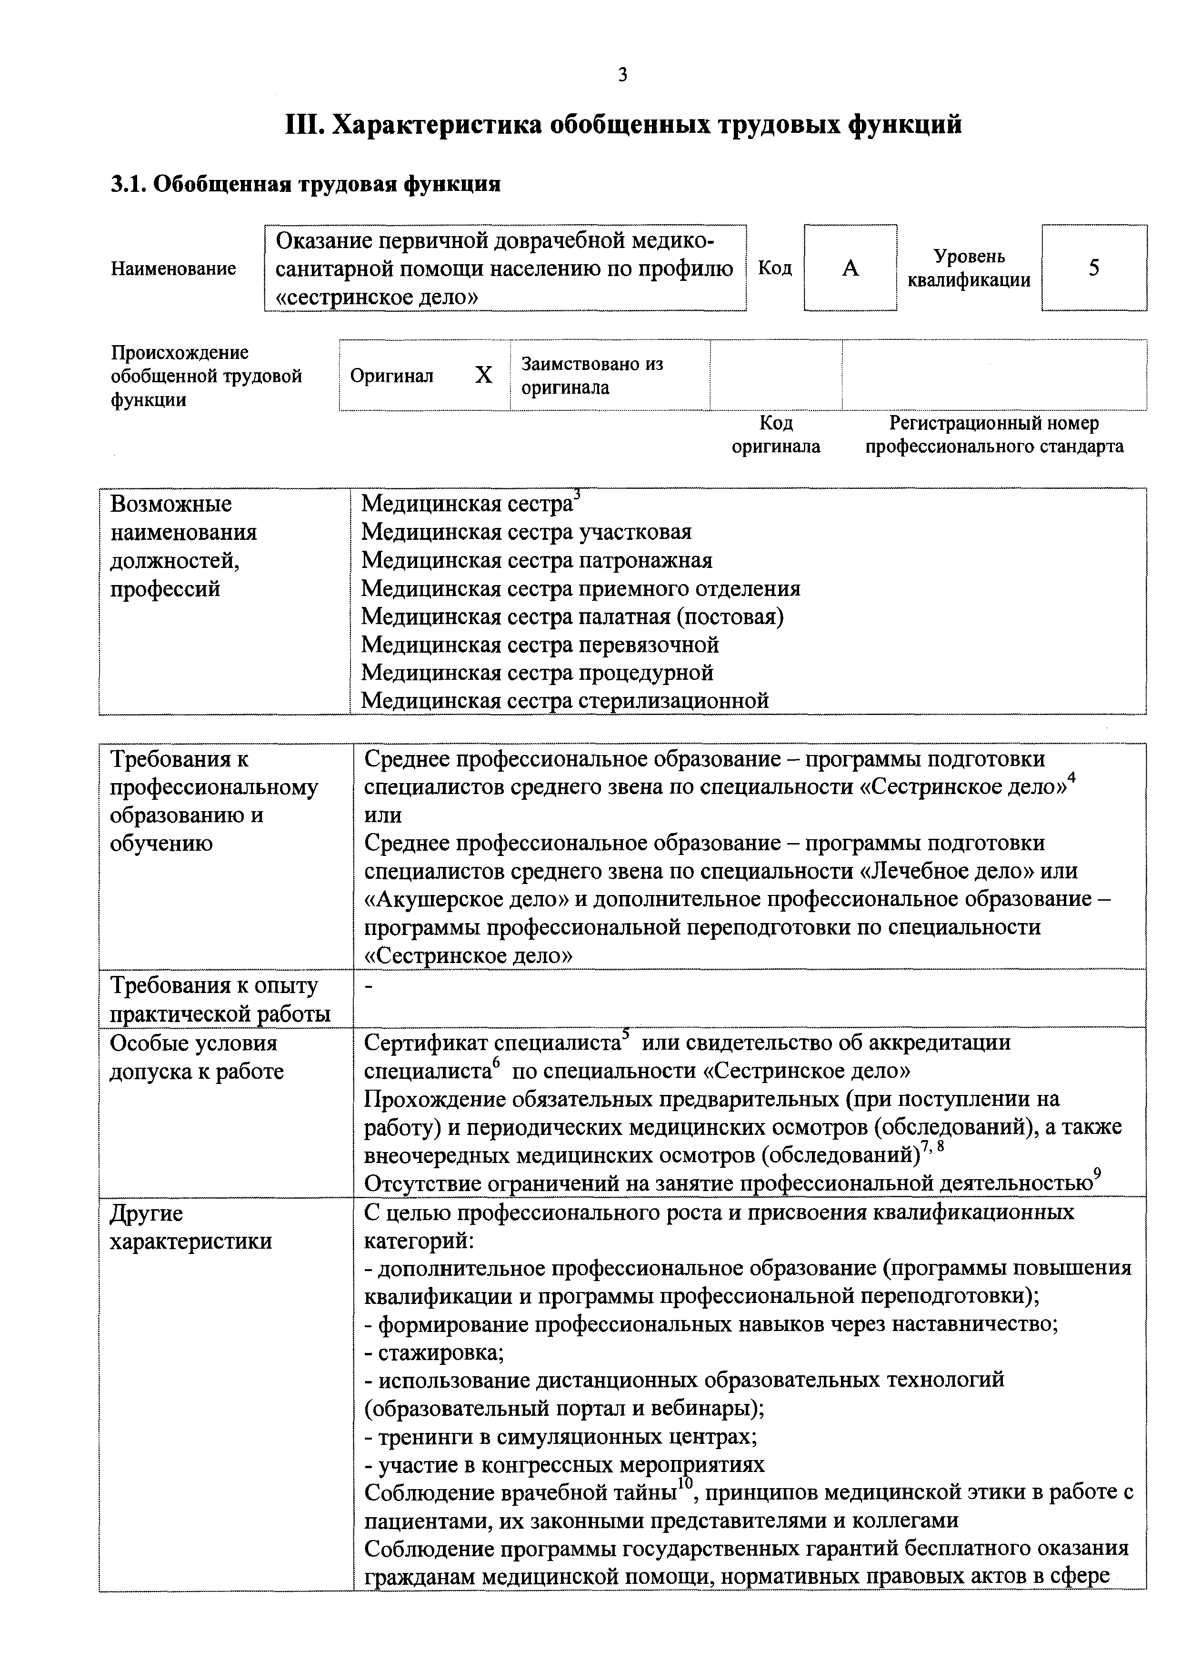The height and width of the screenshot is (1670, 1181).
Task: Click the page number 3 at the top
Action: pos(622,75)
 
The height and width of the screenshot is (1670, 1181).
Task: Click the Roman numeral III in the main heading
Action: pos(304,125)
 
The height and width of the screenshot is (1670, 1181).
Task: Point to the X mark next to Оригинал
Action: pos(483,375)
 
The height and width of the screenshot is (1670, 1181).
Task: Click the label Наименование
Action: pos(173,269)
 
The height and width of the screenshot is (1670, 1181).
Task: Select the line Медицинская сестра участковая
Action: pos(526,532)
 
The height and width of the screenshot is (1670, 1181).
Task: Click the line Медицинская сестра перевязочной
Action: pos(540,645)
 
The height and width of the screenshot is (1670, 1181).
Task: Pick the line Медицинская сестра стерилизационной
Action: pos(565,700)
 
